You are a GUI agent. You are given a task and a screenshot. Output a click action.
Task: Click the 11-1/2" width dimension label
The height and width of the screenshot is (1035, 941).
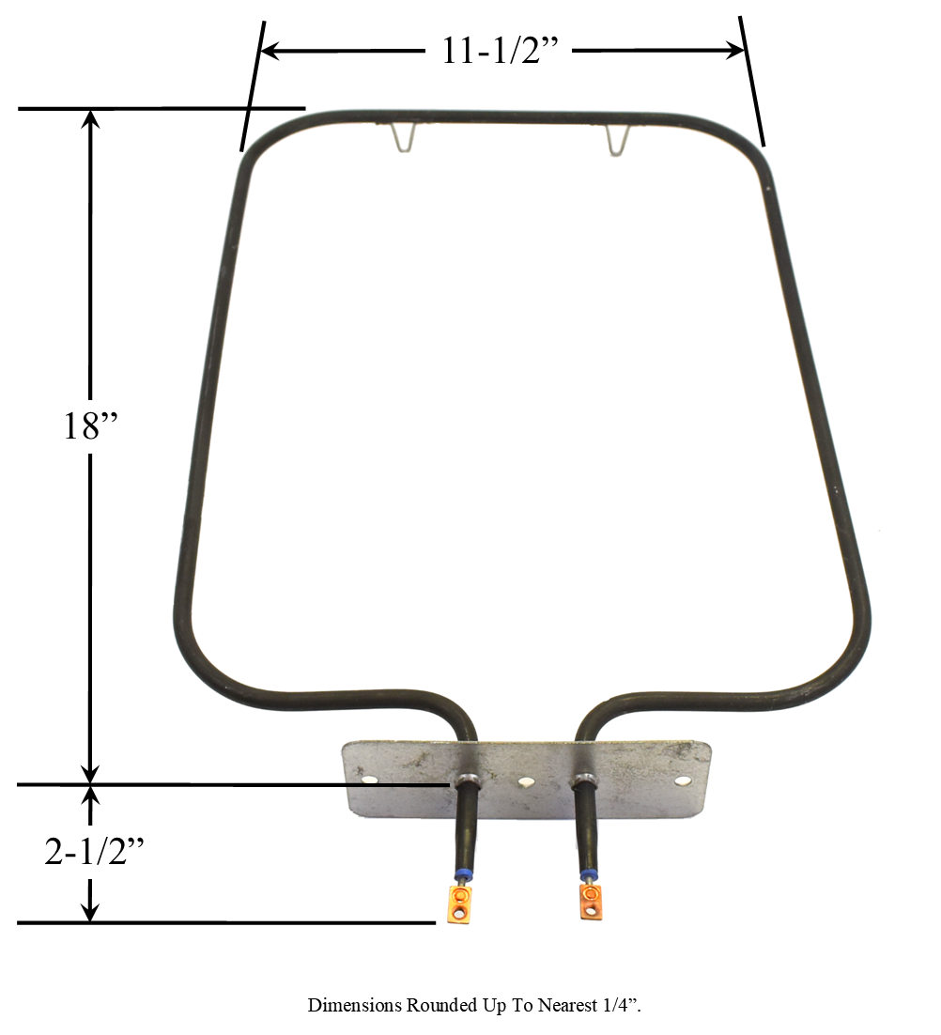[x=501, y=51]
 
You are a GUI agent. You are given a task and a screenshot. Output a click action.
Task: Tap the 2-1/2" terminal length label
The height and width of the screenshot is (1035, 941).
[x=95, y=852]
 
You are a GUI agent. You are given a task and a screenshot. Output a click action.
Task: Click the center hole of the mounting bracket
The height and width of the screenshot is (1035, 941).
[x=527, y=781]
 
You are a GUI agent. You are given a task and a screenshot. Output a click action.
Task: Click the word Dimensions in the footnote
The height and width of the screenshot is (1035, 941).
[x=355, y=1006]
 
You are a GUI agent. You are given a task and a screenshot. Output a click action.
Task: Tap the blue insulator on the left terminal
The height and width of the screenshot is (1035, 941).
[x=461, y=875]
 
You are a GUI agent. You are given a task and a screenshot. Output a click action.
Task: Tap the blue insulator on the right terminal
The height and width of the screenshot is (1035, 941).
[x=589, y=875]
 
